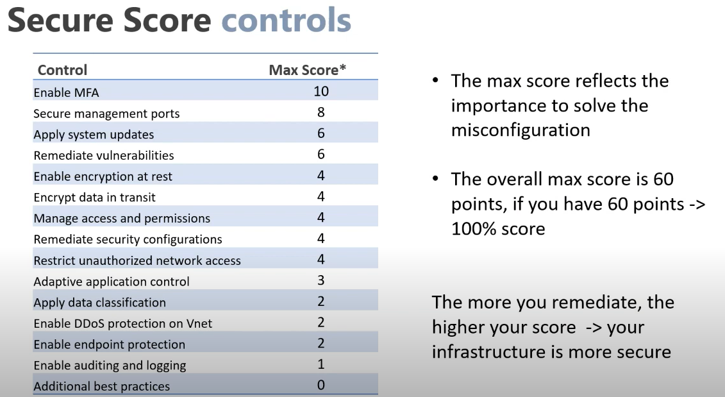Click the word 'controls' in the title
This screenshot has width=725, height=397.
point(286,20)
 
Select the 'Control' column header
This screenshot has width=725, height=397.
point(62,70)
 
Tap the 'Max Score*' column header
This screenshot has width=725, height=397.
point(308,70)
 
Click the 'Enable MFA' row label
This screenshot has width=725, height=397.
point(66,92)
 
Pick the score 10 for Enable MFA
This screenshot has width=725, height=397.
point(321,91)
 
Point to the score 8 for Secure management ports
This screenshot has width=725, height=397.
point(321,112)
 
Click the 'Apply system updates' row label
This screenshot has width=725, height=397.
point(94,135)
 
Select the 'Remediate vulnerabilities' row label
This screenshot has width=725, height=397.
point(104,155)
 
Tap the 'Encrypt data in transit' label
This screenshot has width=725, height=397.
point(94,198)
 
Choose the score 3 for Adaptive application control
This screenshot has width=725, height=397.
point(321,280)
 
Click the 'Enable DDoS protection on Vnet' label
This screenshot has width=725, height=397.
point(122,323)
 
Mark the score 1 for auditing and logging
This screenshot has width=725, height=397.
point(321,364)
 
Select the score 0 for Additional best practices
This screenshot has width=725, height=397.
point(321,385)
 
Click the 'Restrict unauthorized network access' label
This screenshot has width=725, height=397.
point(137,260)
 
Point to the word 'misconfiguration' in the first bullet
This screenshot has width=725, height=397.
point(521,130)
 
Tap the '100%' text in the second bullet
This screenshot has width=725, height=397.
point(474,228)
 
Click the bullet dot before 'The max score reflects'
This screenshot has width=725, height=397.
point(435,81)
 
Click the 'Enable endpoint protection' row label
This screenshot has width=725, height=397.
point(109,344)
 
